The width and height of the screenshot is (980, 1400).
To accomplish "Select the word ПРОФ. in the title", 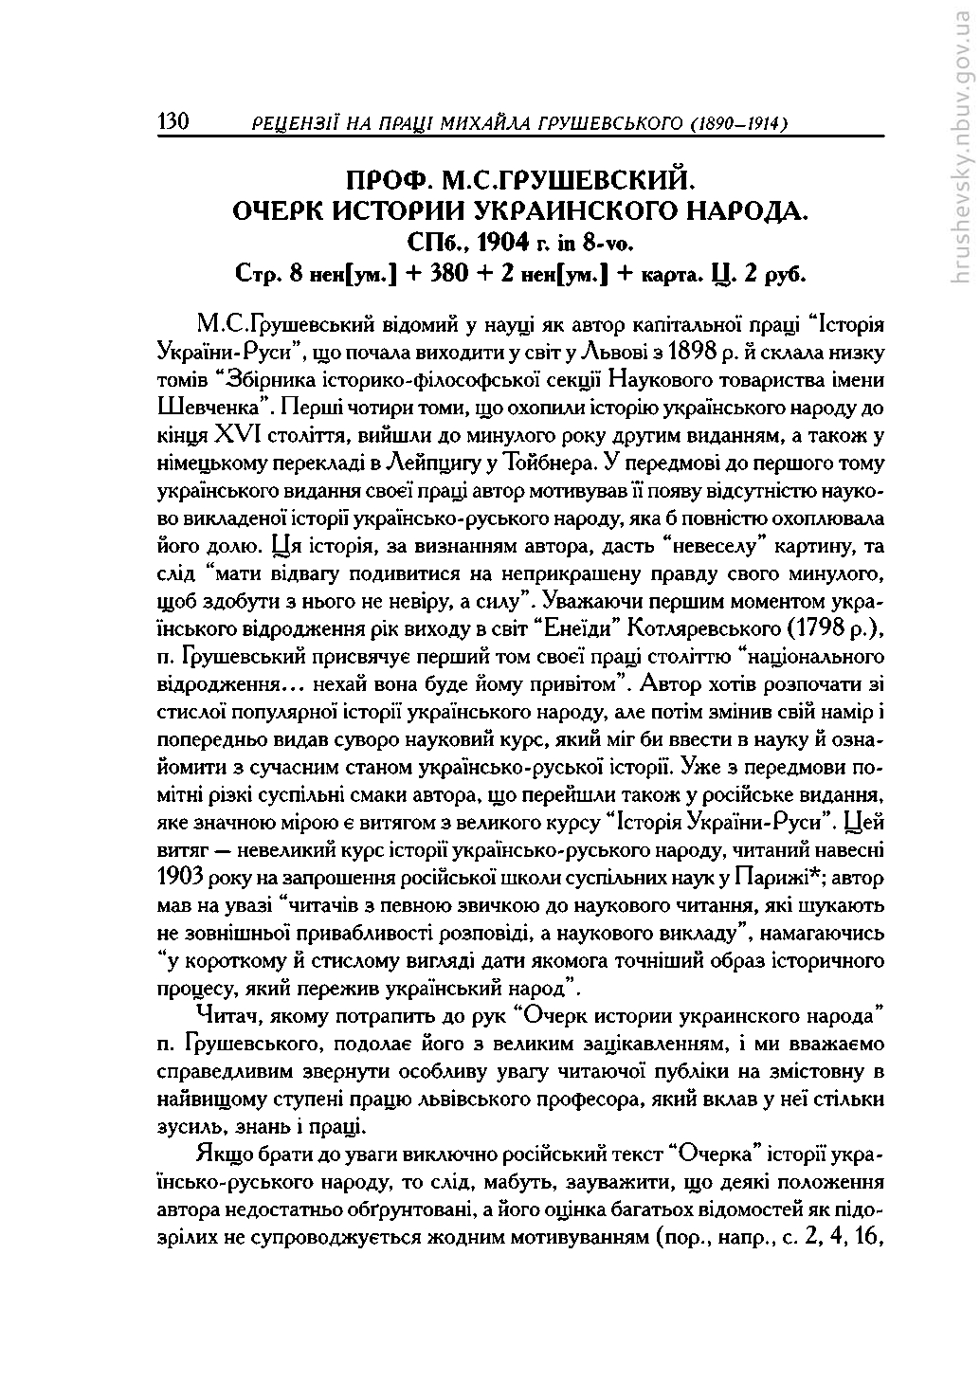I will pyautogui.click(x=390, y=180).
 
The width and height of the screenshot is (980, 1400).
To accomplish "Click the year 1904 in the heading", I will pyautogui.click(x=497, y=240).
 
